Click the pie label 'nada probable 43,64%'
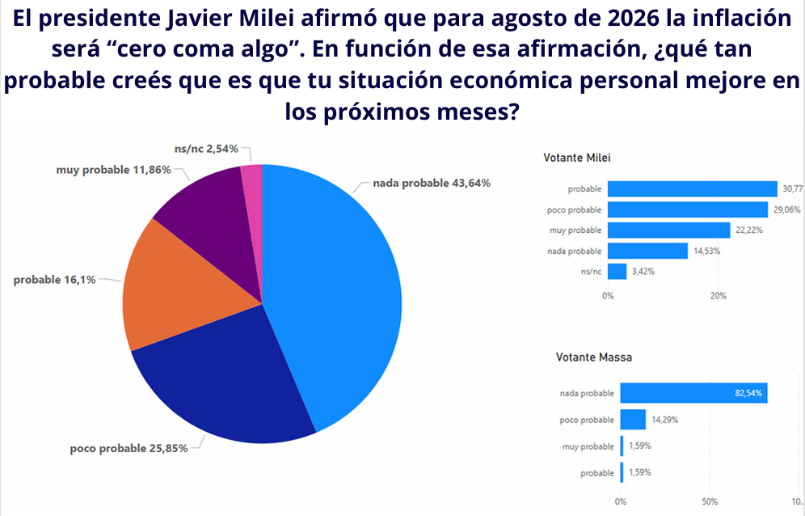432,183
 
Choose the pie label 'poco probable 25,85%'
129,448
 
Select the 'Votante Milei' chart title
577,157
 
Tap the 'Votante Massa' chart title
594,357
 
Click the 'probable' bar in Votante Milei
692,188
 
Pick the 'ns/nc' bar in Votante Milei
617,272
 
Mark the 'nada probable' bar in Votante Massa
693,394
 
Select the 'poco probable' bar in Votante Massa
633,420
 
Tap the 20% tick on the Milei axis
718,296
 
